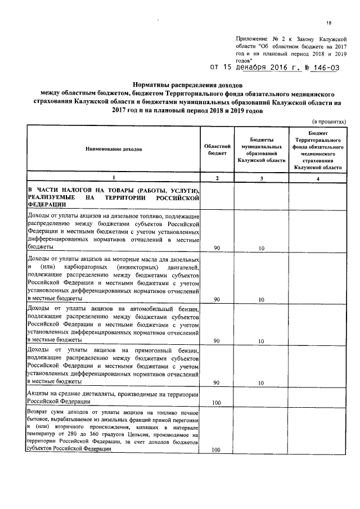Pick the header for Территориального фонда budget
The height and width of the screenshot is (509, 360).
(317, 149)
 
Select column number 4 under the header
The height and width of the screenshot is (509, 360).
(317, 178)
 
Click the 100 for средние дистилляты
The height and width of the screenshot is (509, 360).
(217, 403)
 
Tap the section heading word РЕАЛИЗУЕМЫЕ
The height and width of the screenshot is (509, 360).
(52, 198)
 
